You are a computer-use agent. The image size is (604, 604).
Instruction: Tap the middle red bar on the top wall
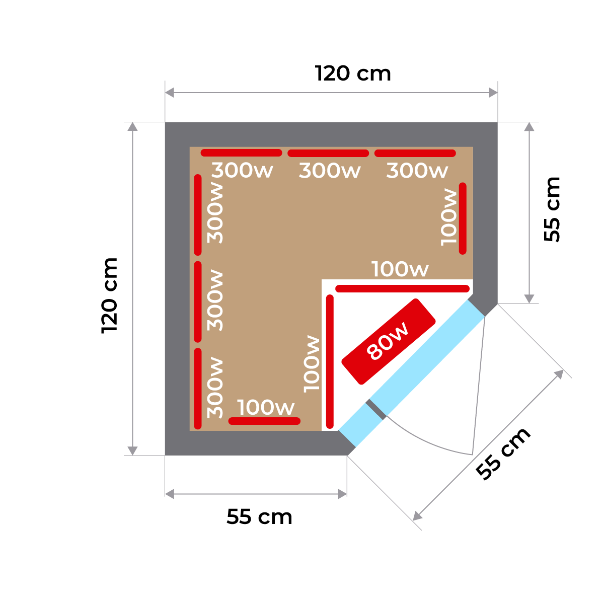[x=328, y=153]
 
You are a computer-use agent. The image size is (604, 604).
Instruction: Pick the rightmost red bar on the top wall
[x=415, y=153]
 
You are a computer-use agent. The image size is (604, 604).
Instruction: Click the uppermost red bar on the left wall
[x=198, y=214]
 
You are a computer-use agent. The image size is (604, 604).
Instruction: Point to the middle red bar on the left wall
[x=198, y=301]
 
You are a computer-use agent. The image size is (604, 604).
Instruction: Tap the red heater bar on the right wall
[x=463, y=218]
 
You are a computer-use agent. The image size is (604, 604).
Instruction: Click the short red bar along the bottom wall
[x=264, y=421]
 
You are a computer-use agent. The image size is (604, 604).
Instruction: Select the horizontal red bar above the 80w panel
[x=403, y=288]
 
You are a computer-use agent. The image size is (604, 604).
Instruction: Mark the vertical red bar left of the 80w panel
[x=330, y=360]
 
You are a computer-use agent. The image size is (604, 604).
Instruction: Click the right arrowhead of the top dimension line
[x=493, y=93]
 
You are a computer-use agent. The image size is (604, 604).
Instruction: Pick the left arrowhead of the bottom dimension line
[x=170, y=494]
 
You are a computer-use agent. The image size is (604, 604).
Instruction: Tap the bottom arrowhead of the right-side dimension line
[x=528, y=298]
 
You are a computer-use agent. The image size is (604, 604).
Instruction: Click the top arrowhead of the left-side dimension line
[x=132, y=126]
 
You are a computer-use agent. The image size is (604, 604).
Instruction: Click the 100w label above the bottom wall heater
[x=265, y=407]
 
